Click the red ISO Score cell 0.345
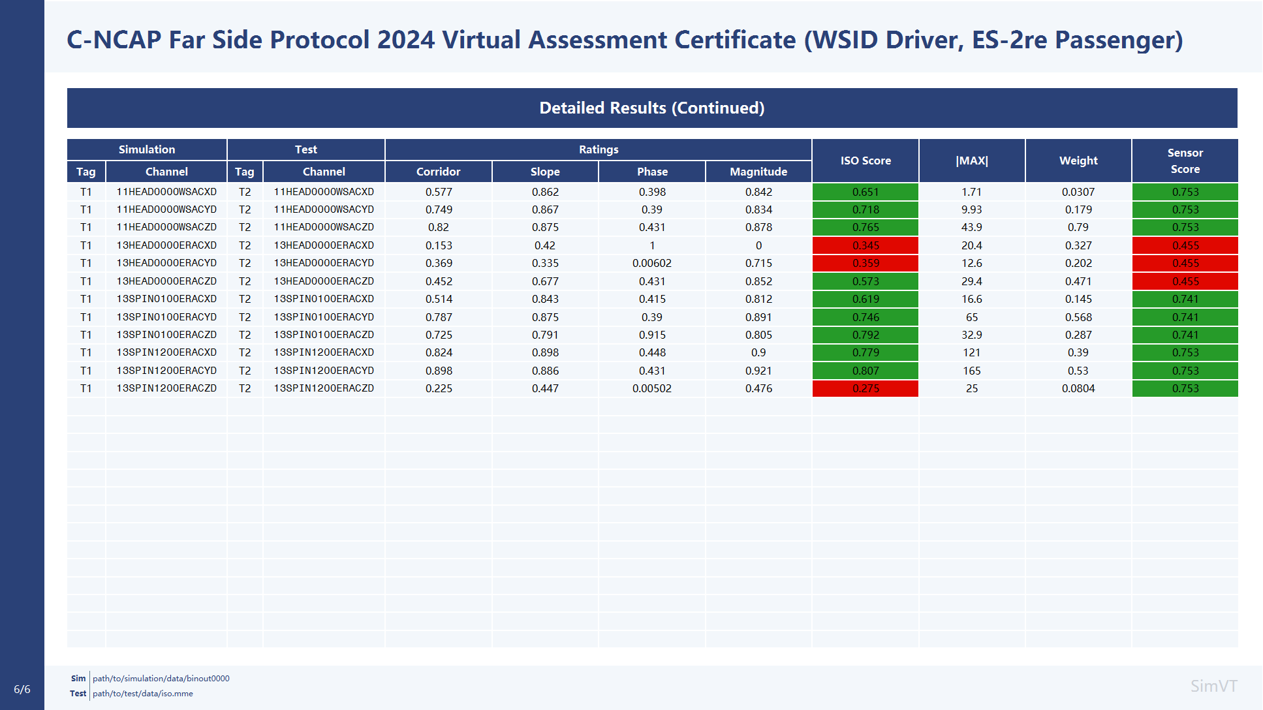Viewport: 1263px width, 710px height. coord(865,245)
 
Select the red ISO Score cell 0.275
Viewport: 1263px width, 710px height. coord(865,388)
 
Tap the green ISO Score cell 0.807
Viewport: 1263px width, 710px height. coord(865,371)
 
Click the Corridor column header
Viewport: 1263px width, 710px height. coord(439,172)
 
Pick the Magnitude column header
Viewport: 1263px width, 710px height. coord(758,172)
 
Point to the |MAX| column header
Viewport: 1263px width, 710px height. coord(972,161)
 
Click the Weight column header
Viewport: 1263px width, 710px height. coord(1078,161)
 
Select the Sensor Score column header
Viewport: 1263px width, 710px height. coord(1185,161)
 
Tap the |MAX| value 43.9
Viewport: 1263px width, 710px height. coord(972,227)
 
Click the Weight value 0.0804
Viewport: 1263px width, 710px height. coord(1078,388)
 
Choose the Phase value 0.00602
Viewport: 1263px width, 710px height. coord(652,263)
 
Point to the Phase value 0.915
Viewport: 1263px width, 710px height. coord(652,335)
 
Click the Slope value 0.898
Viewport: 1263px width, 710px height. coord(545,352)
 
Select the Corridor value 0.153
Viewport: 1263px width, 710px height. coord(439,245)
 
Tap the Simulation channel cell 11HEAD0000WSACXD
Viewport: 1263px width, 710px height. coord(166,192)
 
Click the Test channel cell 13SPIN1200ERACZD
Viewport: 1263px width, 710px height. coord(324,388)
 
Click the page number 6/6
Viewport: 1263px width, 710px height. coord(22,689)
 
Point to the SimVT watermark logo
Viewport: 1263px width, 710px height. coord(1213,686)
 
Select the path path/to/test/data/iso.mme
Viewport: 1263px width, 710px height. coord(143,694)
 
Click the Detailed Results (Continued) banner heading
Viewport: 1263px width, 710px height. coord(652,108)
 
